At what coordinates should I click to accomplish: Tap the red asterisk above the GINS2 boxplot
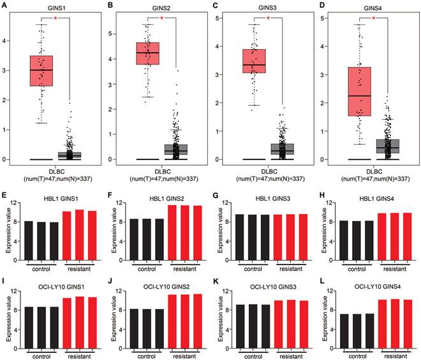point(162,18)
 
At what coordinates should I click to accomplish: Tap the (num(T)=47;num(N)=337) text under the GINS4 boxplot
point(374,180)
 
